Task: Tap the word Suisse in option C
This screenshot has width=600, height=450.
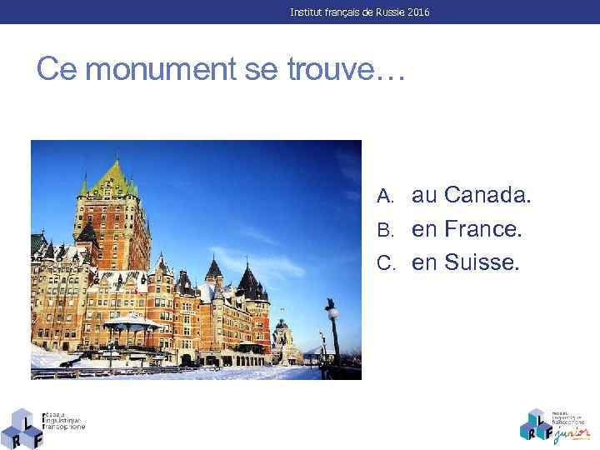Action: click(482, 263)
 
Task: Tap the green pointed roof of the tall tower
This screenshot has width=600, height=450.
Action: click(112, 175)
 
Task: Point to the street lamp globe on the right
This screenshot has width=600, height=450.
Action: click(332, 314)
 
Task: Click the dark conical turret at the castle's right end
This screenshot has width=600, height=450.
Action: click(248, 279)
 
